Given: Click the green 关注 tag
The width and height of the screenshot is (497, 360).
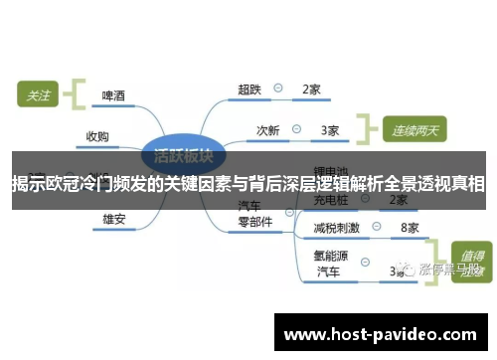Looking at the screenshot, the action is (38, 95).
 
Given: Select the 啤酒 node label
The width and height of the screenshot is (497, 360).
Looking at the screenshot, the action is (114, 97).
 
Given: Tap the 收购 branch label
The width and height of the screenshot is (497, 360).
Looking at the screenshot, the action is (97, 137).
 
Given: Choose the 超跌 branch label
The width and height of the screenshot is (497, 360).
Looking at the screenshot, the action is (249, 90).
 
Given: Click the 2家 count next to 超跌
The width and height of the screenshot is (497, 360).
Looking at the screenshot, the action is (311, 90).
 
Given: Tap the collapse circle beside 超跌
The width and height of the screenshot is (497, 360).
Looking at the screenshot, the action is (279, 90).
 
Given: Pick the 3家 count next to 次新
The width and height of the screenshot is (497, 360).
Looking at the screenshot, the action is (330, 129).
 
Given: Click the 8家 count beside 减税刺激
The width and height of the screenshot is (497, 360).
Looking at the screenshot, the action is (409, 228).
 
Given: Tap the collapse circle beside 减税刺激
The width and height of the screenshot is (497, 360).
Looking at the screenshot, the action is (379, 228).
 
